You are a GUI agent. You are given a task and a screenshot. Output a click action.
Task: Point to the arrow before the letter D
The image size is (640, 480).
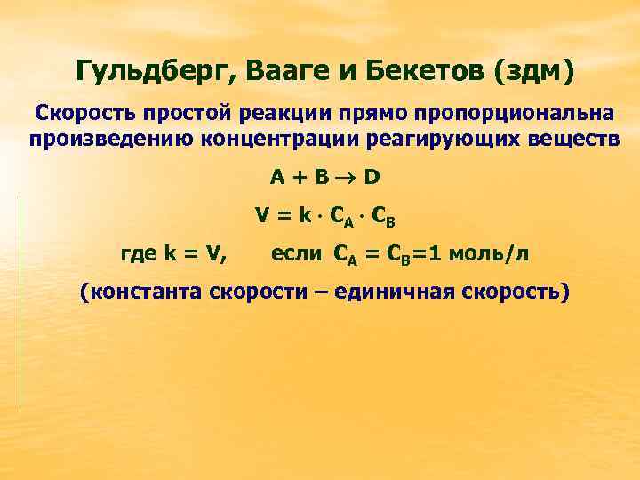click(x=345, y=177)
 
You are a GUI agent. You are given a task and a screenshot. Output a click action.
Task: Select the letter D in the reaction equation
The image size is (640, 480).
click(x=372, y=177)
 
